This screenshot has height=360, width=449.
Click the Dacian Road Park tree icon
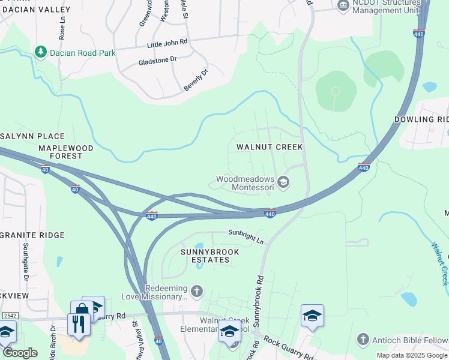pos(41,53)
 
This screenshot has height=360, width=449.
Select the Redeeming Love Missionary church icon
pos(196,292)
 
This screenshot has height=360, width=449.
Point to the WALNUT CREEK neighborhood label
pos(270,147)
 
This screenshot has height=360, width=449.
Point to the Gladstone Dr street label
pos(158,59)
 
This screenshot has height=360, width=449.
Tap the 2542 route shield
pos(9,315)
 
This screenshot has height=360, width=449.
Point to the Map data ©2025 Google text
pos(412,355)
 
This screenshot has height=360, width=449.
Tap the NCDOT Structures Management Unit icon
pos(343,6)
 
